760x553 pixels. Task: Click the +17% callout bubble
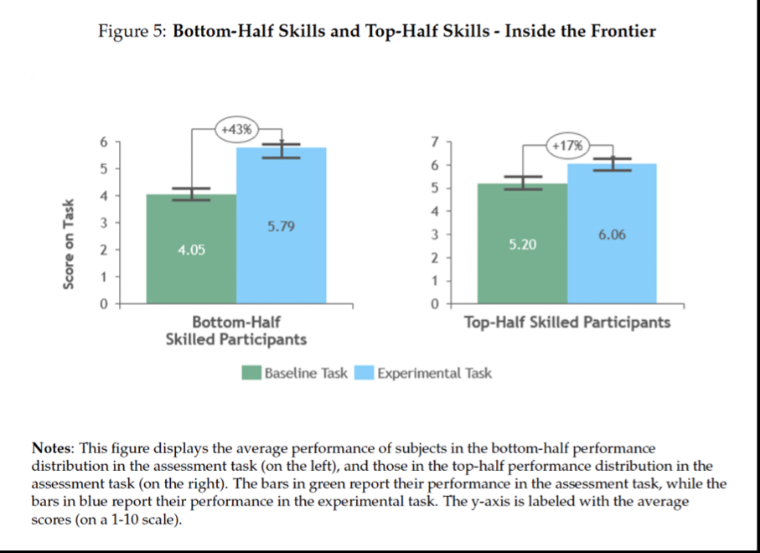click(x=567, y=144)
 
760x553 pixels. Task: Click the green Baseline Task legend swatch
click(x=251, y=373)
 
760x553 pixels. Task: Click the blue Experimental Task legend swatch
click(x=364, y=373)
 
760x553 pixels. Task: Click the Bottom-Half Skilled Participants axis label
click(x=235, y=331)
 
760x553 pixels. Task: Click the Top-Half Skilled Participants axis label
click(x=567, y=323)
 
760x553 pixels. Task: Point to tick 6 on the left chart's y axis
click(x=105, y=142)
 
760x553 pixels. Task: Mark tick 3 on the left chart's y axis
click(x=105, y=223)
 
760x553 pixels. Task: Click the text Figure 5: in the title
click(x=133, y=32)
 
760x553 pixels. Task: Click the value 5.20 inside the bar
click(x=522, y=245)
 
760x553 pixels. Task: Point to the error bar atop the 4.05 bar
click(x=191, y=194)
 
